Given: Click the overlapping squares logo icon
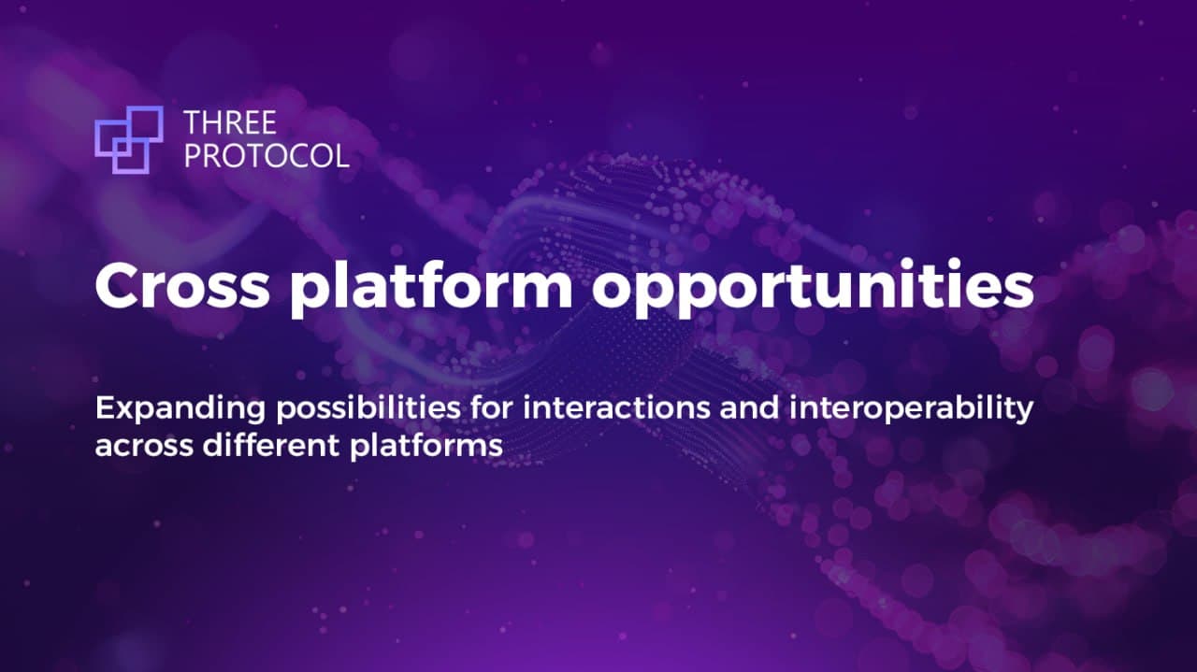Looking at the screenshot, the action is click(x=129, y=140).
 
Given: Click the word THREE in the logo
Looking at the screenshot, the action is click(x=230, y=122).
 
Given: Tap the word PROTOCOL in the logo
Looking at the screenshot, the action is click(x=267, y=155).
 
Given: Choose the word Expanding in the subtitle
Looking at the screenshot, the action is click(x=180, y=409).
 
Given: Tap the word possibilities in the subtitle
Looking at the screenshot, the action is click(x=368, y=409).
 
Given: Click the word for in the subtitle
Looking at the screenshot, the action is click(x=492, y=408).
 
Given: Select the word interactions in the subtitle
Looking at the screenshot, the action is click(x=616, y=408).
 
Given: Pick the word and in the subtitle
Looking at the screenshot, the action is click(x=749, y=408).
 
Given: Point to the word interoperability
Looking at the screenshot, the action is click(x=911, y=409).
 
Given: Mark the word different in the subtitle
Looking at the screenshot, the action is click(x=271, y=445).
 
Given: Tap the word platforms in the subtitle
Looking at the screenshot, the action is click(x=426, y=446).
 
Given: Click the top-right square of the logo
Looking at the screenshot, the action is click(x=145, y=124).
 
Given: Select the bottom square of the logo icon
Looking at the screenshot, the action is click(x=130, y=157).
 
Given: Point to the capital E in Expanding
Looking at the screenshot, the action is click(x=104, y=408).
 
